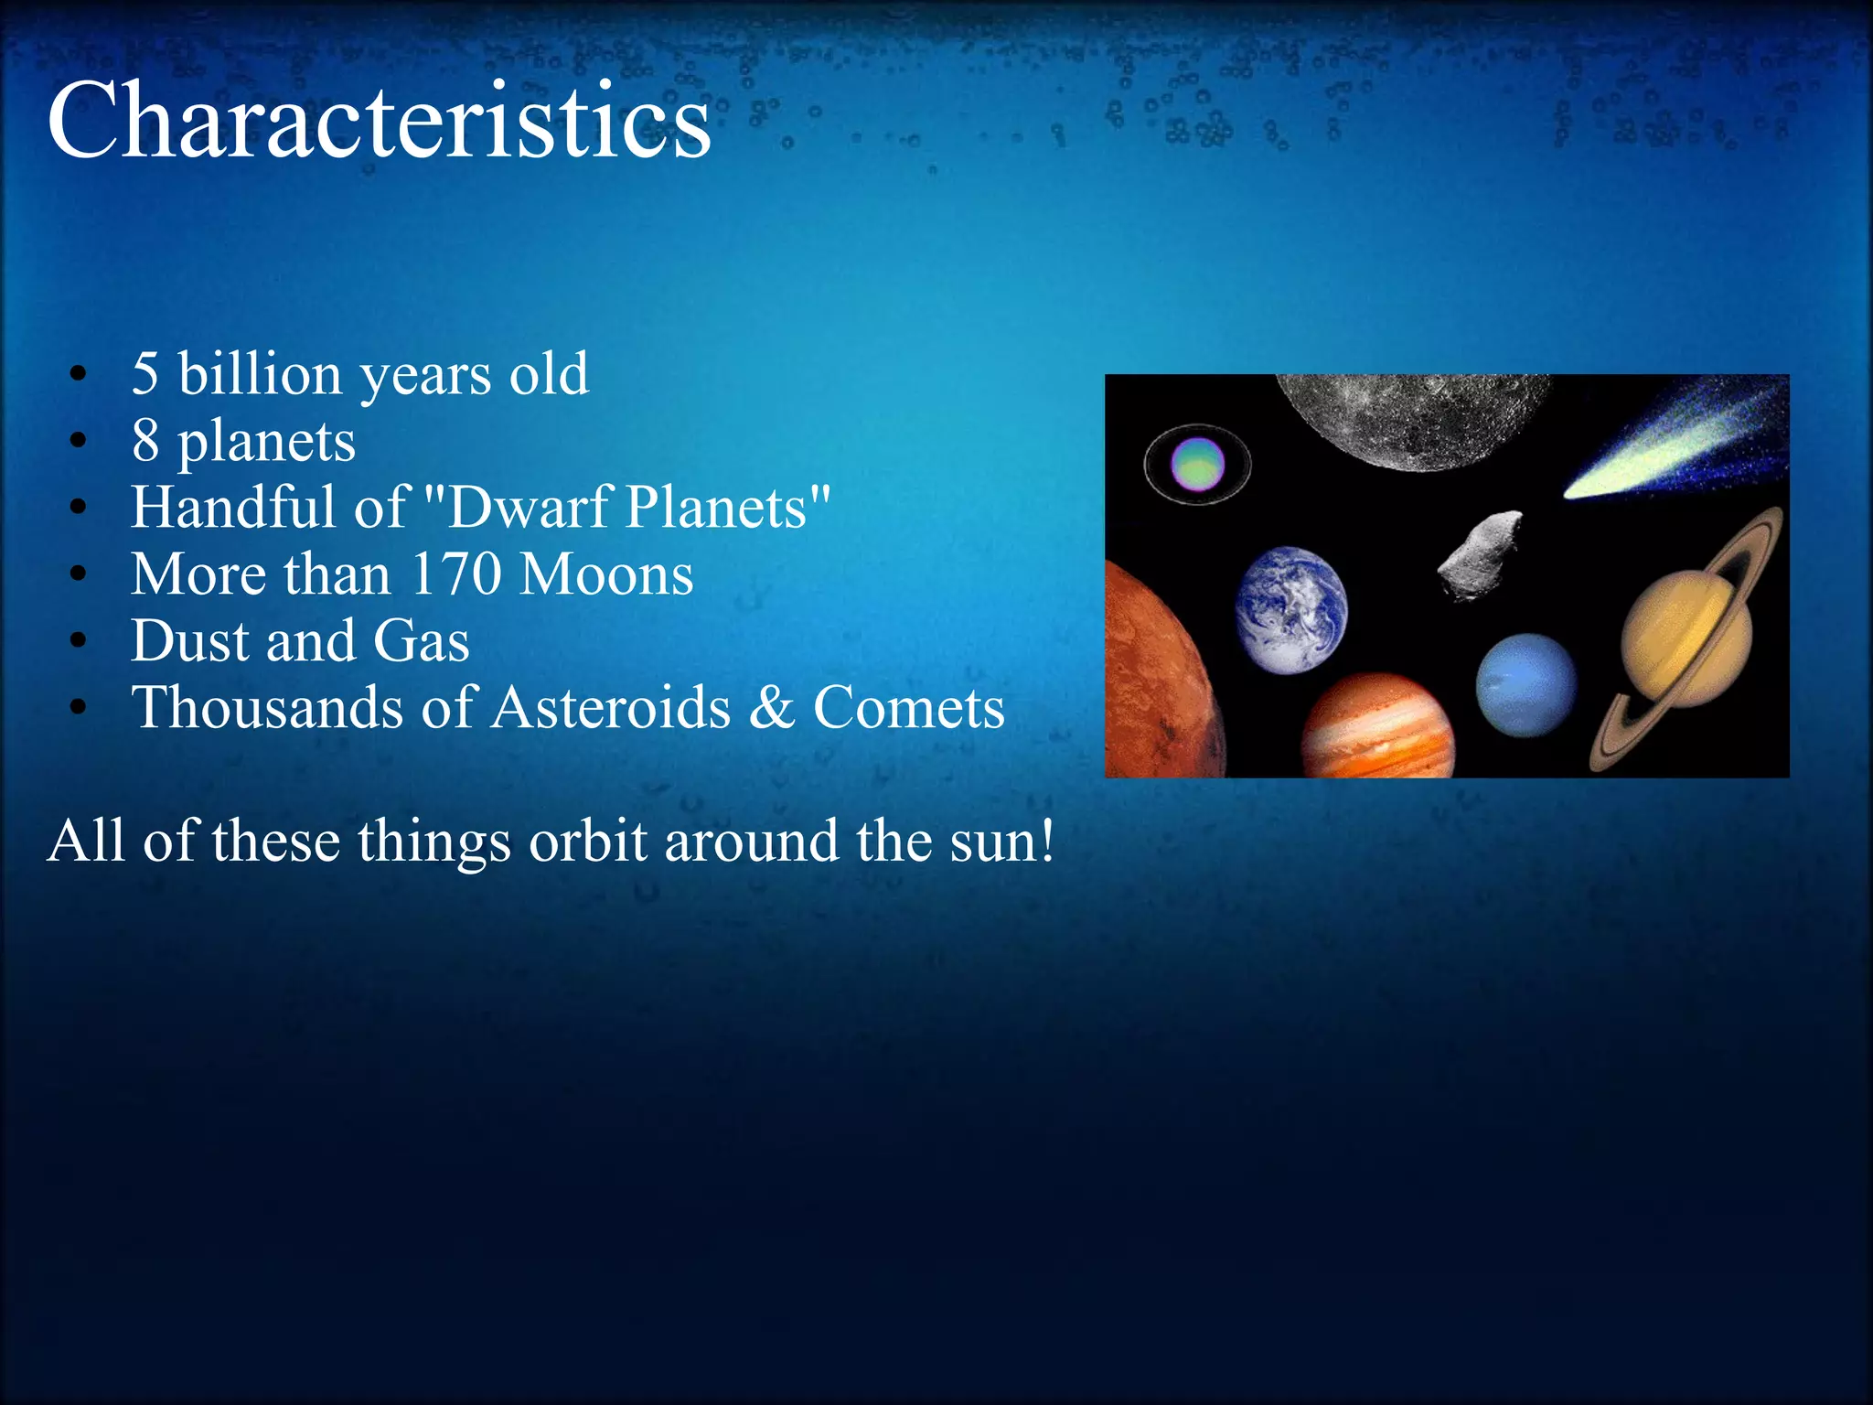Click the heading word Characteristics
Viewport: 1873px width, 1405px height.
[x=379, y=121]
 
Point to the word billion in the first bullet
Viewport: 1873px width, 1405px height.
[x=260, y=374]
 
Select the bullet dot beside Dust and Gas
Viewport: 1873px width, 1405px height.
[x=79, y=640]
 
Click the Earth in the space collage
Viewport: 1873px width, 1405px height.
[x=1290, y=609]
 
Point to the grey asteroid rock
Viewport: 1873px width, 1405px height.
[x=1480, y=554]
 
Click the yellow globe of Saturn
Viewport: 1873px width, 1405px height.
[x=1686, y=631]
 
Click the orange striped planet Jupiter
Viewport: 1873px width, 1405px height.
[x=1376, y=727]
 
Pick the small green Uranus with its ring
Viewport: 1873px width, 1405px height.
[x=1197, y=465]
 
